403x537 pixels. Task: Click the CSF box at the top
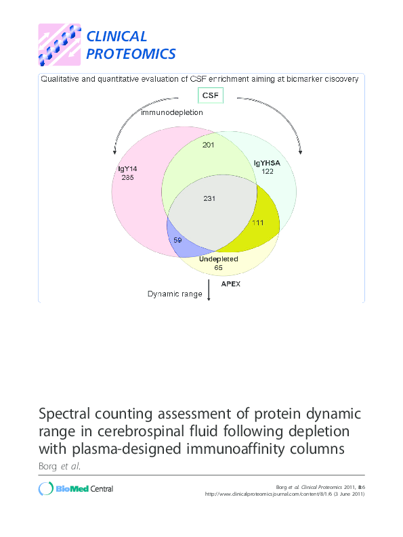209,95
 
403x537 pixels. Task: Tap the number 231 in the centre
209,197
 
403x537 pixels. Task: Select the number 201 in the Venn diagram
209,145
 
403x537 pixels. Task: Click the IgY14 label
127,169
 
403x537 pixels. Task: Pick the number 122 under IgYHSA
267,172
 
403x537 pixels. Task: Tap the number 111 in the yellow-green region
257,223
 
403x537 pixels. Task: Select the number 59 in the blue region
178,240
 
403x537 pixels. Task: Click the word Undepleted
219,259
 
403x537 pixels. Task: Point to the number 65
219,268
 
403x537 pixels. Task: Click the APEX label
230,284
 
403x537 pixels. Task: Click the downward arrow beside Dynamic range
209,290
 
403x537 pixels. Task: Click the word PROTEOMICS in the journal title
131,54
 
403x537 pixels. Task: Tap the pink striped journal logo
59,45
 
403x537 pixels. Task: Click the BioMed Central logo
76,489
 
